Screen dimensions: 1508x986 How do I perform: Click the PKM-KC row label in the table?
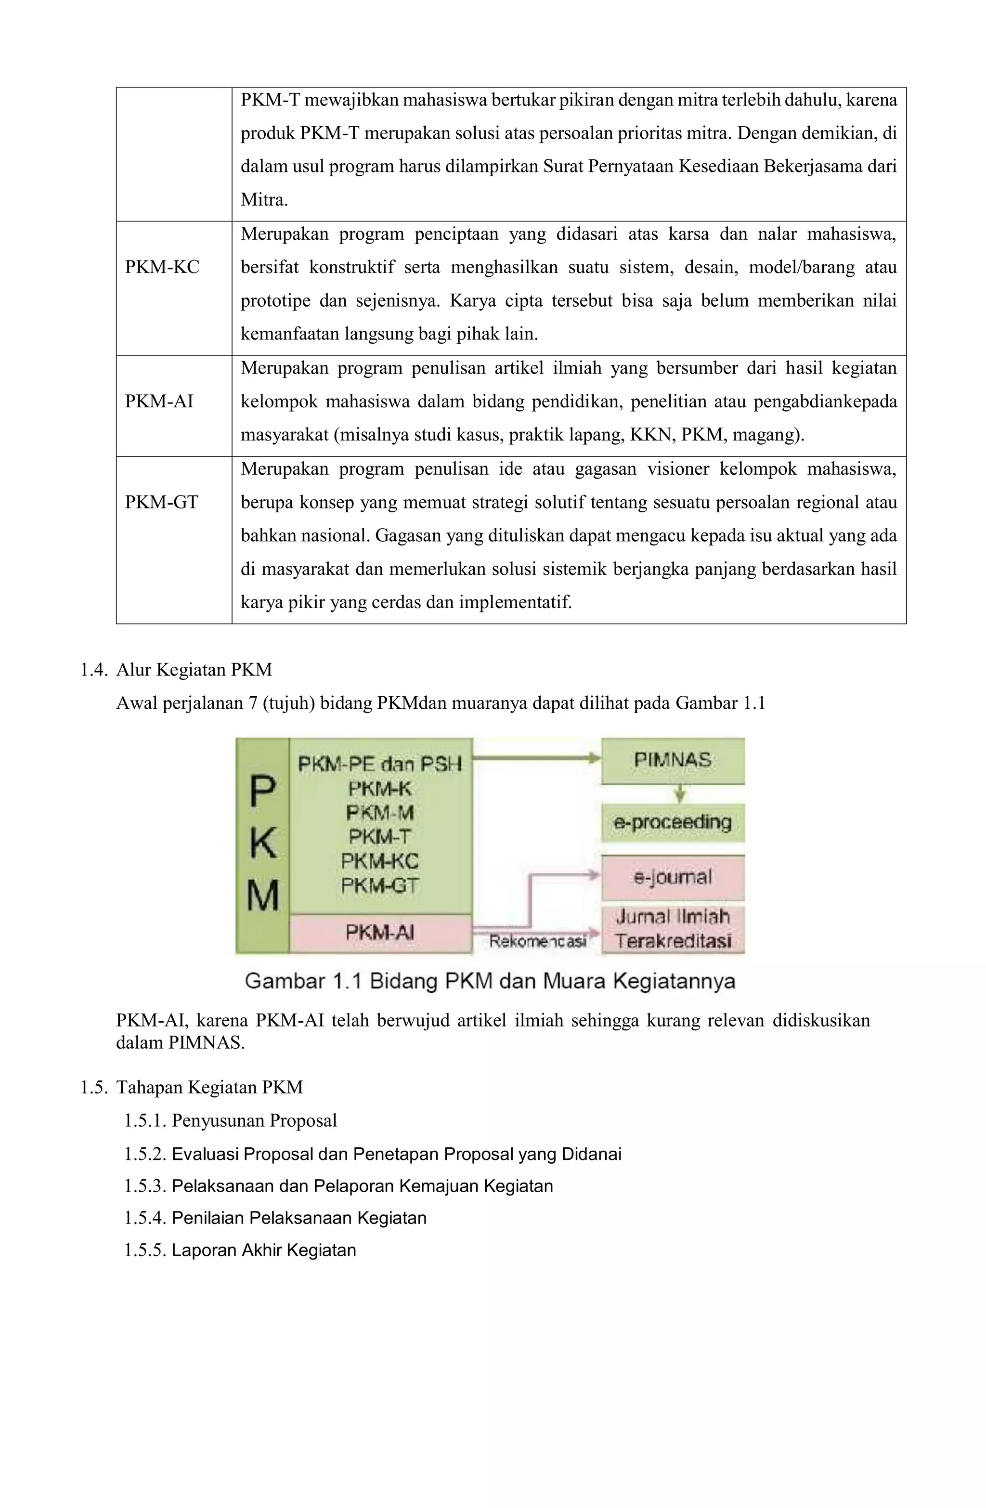(x=162, y=267)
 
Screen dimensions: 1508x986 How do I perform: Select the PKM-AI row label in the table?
(x=158, y=402)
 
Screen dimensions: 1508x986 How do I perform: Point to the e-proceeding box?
(x=672, y=822)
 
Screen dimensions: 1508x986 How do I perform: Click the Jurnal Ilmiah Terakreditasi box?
(x=672, y=929)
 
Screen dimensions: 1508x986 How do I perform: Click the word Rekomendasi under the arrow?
(x=537, y=942)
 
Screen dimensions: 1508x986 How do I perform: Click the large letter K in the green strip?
(x=262, y=844)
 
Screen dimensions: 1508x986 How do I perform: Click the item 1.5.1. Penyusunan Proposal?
(x=230, y=1120)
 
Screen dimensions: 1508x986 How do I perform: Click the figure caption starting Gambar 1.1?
(x=489, y=981)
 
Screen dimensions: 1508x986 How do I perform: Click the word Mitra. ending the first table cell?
(x=264, y=200)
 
